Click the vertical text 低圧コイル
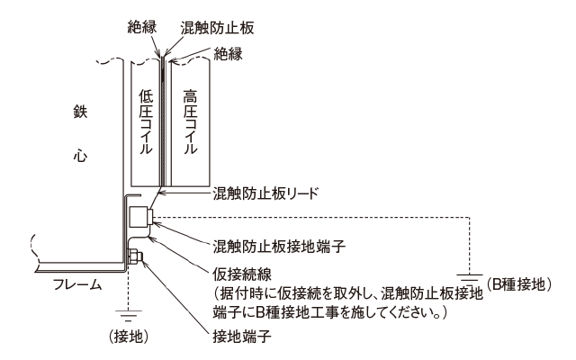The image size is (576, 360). [146, 121]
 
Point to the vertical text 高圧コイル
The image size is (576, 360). [189, 121]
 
